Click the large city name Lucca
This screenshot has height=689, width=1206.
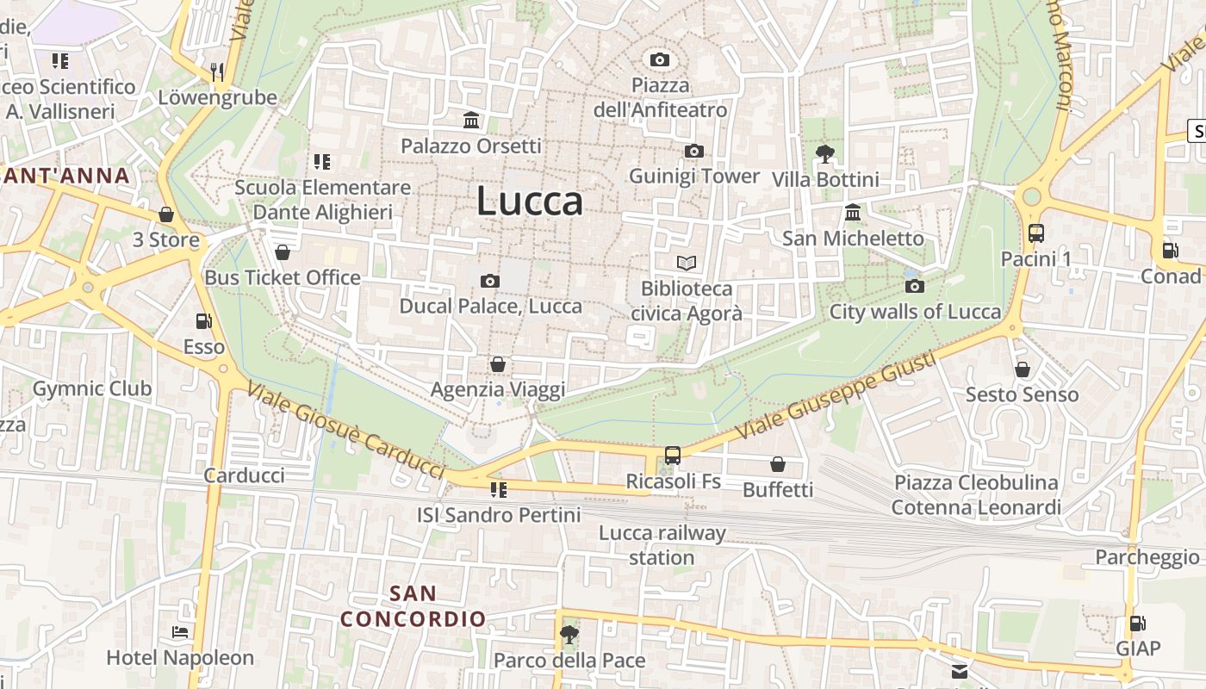point(530,202)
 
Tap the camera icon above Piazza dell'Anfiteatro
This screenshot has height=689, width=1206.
point(660,59)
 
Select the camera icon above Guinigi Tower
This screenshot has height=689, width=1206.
point(693,152)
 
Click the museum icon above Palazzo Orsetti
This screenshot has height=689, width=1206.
point(471,121)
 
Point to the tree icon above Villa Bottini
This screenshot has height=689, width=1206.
point(824,154)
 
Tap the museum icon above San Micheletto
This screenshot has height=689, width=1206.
point(853,213)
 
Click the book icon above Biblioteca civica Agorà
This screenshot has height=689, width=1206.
point(686,263)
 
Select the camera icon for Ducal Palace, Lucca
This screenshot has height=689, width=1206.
point(489,281)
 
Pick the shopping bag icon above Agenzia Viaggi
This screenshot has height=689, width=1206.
point(497,364)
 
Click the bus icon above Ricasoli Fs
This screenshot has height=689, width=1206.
point(673,456)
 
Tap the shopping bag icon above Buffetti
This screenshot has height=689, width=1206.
point(778,464)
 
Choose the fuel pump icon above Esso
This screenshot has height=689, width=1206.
point(203,321)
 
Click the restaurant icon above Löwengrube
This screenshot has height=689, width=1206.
point(217,71)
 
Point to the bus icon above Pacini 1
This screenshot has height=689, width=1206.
point(1035,233)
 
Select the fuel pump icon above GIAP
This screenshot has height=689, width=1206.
point(1138,623)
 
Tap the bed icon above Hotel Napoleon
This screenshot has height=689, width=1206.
point(180,632)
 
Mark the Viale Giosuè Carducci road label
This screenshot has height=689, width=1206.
point(345,431)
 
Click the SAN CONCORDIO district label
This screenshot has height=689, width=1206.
point(413,606)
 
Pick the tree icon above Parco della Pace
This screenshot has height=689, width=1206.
point(569,635)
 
